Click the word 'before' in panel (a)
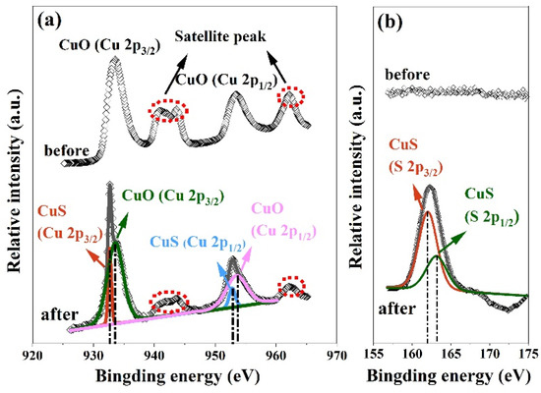pos(67,150)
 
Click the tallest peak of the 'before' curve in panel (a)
pos(115,59)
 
